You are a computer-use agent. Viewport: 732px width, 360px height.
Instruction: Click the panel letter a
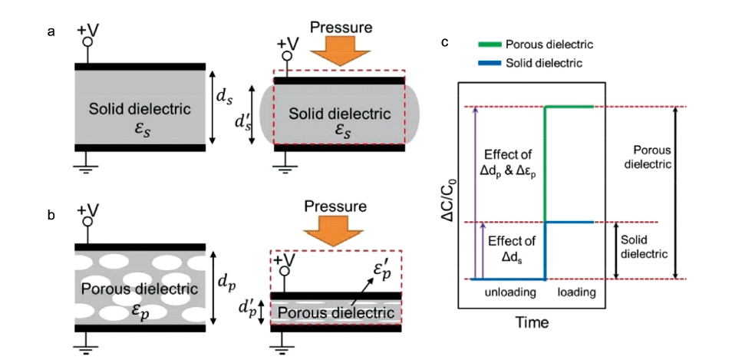tap(51, 31)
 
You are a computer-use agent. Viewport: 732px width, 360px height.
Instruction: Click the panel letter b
tap(51, 216)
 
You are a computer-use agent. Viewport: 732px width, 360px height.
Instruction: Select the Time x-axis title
tap(532, 323)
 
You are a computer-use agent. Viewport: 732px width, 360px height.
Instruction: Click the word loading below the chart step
tap(575, 292)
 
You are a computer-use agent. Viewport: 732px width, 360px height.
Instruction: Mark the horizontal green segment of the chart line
tap(569, 107)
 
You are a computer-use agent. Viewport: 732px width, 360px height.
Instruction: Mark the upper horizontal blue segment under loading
tap(569, 223)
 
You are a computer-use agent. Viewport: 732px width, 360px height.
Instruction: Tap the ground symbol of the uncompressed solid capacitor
tap(87, 163)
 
